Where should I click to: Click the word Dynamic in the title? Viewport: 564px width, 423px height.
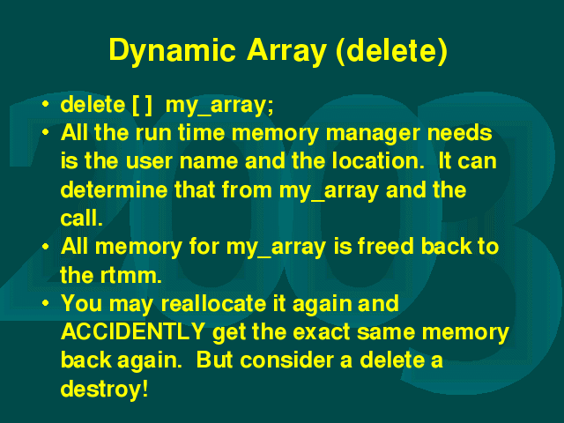173,51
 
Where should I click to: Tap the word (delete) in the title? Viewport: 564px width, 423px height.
391,51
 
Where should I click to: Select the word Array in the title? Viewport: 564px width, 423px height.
286,51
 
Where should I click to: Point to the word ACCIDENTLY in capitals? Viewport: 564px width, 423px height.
133,331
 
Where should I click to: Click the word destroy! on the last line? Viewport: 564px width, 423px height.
104,389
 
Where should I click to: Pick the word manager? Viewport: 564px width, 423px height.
373,134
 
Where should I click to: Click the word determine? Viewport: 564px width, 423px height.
114,189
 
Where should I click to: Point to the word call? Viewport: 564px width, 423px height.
82,218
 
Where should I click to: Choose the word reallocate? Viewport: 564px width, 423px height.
213,303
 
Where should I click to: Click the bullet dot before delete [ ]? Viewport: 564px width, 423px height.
45,104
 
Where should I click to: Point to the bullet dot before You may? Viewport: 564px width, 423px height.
45,303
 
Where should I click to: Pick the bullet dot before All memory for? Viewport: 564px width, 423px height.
45,247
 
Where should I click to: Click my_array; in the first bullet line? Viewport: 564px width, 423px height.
219,106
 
